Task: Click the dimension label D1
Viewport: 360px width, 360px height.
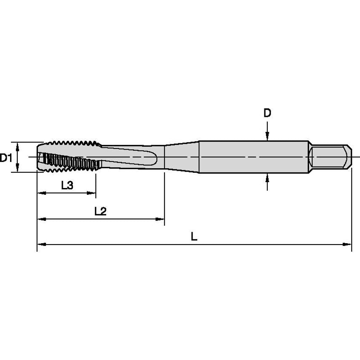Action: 5,158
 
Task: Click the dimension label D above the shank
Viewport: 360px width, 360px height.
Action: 267,113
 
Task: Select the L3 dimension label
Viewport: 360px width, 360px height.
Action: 67,185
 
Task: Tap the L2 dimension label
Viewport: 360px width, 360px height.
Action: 100,211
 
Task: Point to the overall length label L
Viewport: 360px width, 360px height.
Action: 193,237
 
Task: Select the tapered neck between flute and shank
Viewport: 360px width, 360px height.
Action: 181,157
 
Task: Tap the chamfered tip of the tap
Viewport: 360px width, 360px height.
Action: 40,157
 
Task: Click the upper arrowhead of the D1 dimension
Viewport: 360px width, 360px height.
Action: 18,145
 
